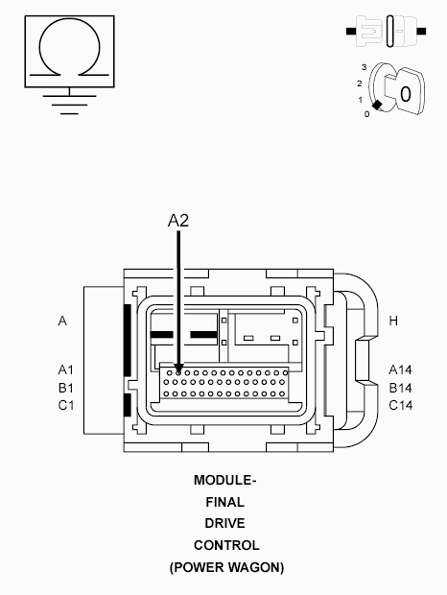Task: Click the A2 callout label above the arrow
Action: click(178, 221)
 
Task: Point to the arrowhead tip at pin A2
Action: click(178, 373)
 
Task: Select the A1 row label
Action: click(66, 369)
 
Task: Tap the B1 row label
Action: click(66, 388)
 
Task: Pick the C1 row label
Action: click(66, 405)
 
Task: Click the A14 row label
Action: click(400, 369)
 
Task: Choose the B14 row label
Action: click(400, 388)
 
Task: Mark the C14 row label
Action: click(400, 405)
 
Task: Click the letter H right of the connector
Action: click(393, 321)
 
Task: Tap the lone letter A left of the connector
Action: click(62, 321)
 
